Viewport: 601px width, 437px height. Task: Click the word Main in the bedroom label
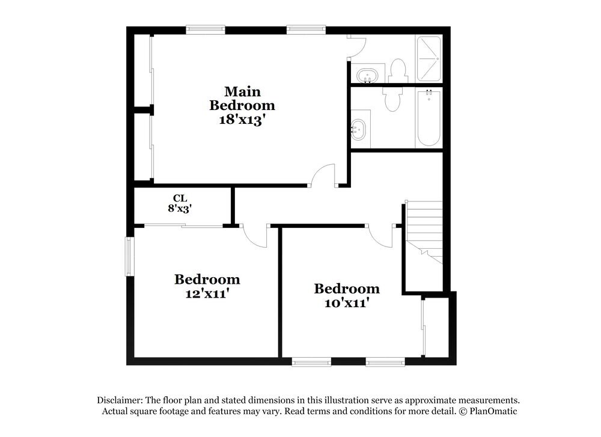(242, 91)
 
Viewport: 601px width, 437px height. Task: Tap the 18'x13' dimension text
(242, 119)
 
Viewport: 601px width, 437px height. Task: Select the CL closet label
(180, 198)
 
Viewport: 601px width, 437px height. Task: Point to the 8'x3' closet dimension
(180, 209)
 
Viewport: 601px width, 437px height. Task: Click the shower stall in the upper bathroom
(429, 59)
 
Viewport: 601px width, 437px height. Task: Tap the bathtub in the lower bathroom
(429, 118)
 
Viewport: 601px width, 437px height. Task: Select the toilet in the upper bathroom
(398, 70)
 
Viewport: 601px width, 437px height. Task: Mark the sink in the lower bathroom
(359, 129)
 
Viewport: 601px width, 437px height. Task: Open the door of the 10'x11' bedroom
(381, 236)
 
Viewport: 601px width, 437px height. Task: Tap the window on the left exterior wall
(129, 256)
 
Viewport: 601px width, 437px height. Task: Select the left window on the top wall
(206, 29)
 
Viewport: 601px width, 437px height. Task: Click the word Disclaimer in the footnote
(120, 400)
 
